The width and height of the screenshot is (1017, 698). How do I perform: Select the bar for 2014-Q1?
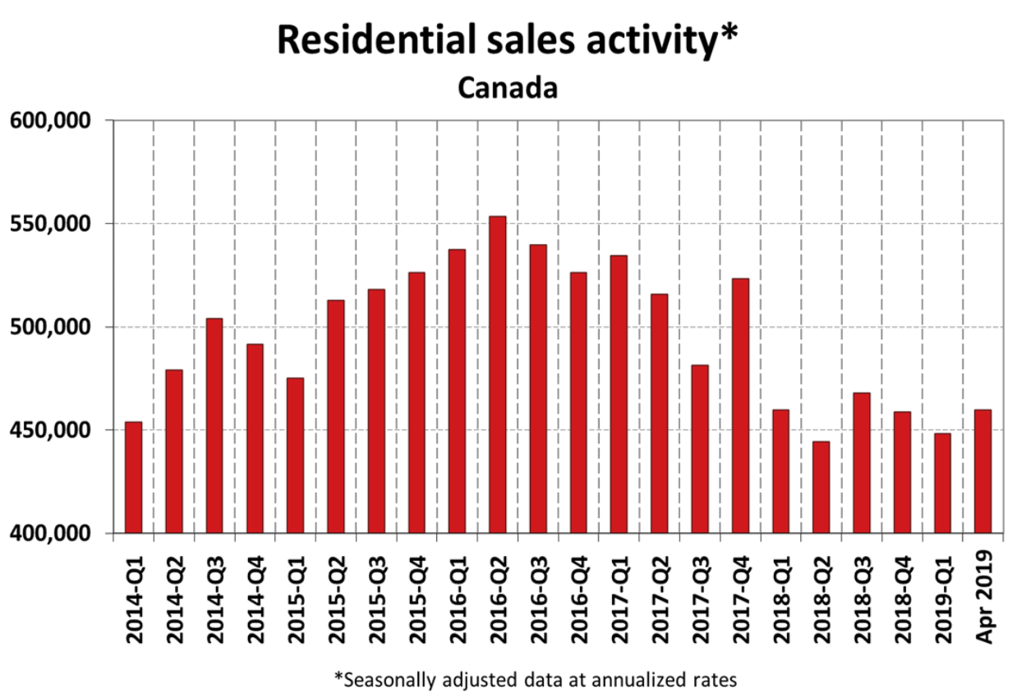(133, 477)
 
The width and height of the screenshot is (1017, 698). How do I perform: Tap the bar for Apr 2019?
(982, 471)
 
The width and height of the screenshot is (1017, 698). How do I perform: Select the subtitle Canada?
(508, 87)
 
